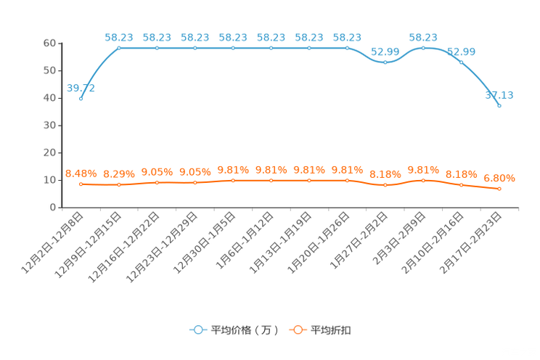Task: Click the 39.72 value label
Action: pyautogui.click(x=81, y=89)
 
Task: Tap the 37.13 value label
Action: pyautogui.click(x=499, y=95)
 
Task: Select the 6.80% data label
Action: pyautogui.click(x=499, y=178)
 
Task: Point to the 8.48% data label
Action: pyautogui.click(x=81, y=173)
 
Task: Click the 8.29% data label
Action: pyautogui.click(x=119, y=174)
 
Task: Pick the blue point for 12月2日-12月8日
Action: pyautogui.click(x=81, y=99)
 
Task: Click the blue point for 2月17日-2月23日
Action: pyautogui.click(x=499, y=106)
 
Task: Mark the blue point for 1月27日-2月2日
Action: pyautogui.click(x=385, y=62)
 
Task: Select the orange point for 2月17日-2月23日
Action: pyautogui.click(x=499, y=189)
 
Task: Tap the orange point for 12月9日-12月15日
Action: pyautogui.click(x=119, y=184)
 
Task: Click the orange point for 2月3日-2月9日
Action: pyautogui.click(x=423, y=181)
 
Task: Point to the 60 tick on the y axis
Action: pyautogui.click(x=49, y=43)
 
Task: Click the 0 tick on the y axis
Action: pyautogui.click(x=53, y=208)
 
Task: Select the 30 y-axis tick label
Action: pyautogui.click(x=49, y=126)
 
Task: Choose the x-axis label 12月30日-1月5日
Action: pyautogui.click(x=204, y=243)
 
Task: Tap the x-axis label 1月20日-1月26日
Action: pyautogui.click(x=318, y=243)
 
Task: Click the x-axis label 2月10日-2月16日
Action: pyautogui.click(x=432, y=243)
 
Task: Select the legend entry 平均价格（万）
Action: pyautogui.click(x=234, y=330)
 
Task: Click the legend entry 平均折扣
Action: pyautogui.click(x=320, y=330)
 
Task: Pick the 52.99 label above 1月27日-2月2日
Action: pyautogui.click(x=385, y=52)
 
